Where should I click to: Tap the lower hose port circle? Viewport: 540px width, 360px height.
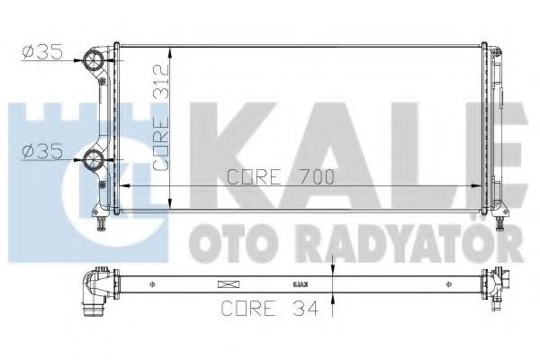[x=93, y=163]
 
